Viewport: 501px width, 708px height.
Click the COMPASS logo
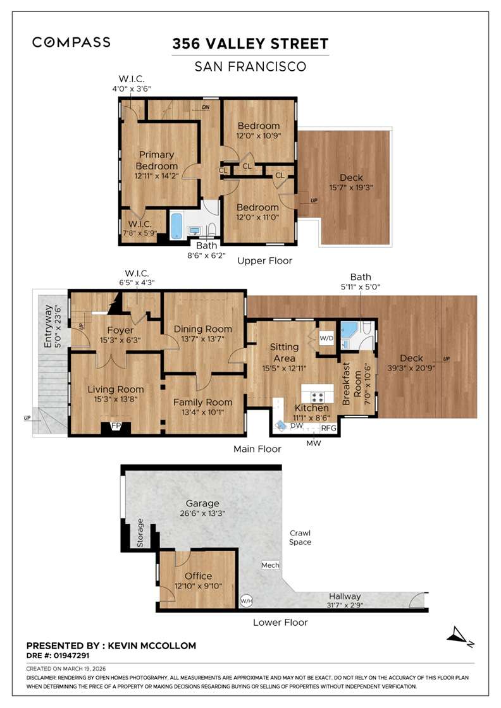pyautogui.click(x=71, y=42)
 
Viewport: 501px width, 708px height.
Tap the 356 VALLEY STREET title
pyautogui.click(x=250, y=44)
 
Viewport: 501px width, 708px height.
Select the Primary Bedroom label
pyautogui.click(x=157, y=161)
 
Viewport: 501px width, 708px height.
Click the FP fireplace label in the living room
pyautogui.click(x=116, y=426)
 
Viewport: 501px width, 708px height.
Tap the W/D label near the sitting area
pyautogui.click(x=326, y=338)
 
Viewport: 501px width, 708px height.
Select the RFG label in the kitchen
pyautogui.click(x=328, y=428)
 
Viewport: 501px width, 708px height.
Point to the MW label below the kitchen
pyautogui.click(x=314, y=443)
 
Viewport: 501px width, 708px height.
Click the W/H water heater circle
pyautogui.click(x=245, y=600)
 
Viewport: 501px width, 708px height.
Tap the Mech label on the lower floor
pyautogui.click(x=270, y=565)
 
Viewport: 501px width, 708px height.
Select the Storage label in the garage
pyautogui.click(x=140, y=532)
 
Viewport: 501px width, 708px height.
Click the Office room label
pyautogui.click(x=198, y=576)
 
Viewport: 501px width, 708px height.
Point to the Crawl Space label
pyautogui.click(x=300, y=537)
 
